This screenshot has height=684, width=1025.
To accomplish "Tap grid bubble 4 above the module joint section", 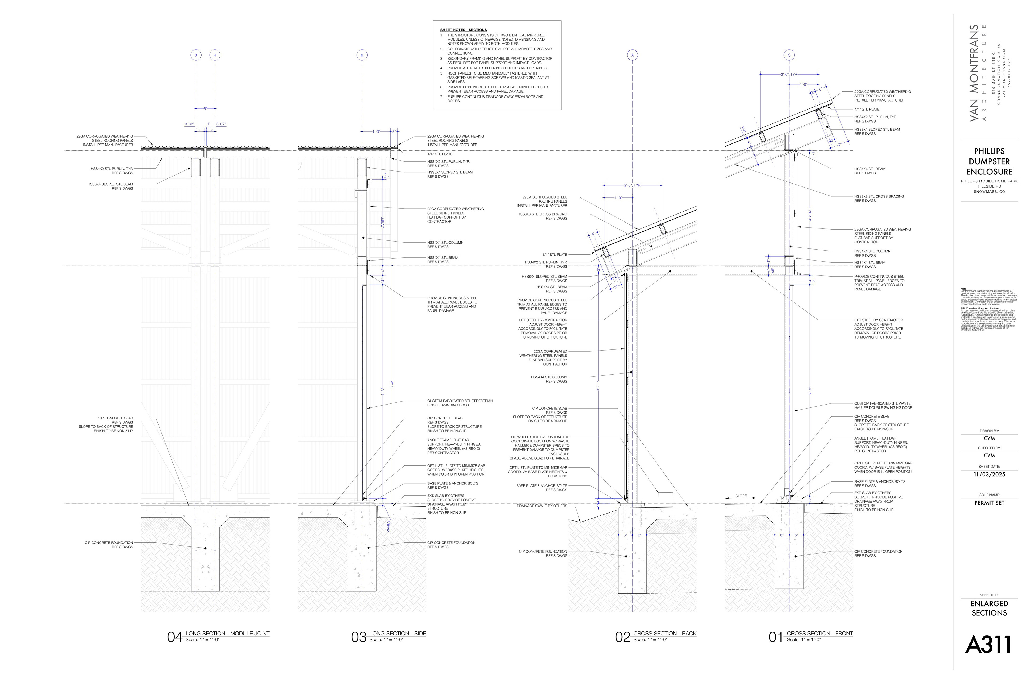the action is (x=215, y=55).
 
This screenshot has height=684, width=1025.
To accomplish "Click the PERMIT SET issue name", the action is (x=989, y=503).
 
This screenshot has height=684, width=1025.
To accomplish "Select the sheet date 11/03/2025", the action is (x=989, y=475).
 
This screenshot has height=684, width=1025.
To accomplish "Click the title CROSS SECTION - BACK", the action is (x=665, y=634).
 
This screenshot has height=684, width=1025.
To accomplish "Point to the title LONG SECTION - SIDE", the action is (x=397, y=634).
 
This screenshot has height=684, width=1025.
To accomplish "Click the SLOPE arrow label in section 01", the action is (x=741, y=496).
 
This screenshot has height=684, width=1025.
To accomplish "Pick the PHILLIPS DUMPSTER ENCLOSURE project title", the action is (x=989, y=161).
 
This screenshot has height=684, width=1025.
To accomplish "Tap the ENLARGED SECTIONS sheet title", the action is (x=989, y=608).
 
